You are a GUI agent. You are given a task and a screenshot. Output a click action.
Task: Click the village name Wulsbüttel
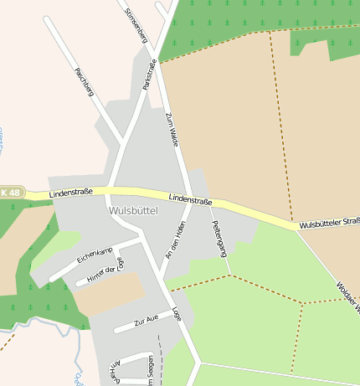coord(133,211)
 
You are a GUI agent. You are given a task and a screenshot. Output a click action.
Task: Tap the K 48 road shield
coord(10,193)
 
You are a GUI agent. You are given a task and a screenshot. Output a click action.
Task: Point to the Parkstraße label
coord(150,74)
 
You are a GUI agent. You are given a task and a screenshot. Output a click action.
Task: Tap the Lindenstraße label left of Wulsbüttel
coord(71,193)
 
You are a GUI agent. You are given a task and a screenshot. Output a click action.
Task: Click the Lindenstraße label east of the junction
coord(190,199)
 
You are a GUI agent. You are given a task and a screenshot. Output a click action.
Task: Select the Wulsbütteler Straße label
coord(329,224)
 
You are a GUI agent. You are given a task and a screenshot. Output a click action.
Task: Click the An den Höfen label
coord(175,243)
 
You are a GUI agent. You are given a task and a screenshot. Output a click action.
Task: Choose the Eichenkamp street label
coord(95,255)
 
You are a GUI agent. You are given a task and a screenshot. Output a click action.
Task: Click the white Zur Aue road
coord(126,327)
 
